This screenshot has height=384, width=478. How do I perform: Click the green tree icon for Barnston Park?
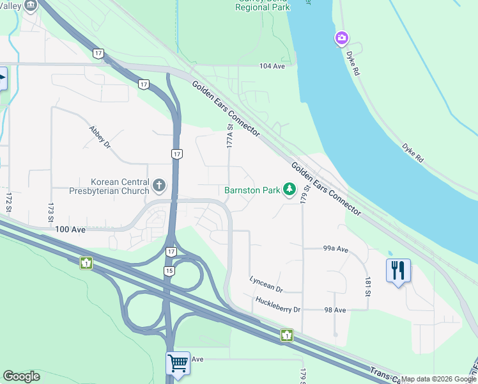pos(289,189)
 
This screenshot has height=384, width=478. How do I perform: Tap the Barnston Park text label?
pos(252,190)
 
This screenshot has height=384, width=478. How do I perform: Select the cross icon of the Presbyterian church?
pos(159,186)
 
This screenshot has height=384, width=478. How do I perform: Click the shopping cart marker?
pos(178,363)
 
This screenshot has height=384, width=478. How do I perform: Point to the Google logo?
pos(21,376)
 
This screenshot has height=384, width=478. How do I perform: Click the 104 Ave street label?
pos(271,66)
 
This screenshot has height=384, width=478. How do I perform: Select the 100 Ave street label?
pos(70,229)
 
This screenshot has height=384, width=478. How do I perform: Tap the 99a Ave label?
pos(335,249)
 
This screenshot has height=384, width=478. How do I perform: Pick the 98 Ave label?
pos(335,310)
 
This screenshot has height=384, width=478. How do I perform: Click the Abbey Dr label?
pos(100,136)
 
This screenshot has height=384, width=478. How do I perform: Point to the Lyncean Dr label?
pos(266,280)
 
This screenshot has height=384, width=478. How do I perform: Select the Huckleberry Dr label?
pos(277,305)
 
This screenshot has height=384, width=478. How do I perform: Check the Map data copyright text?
pos(438,379)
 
